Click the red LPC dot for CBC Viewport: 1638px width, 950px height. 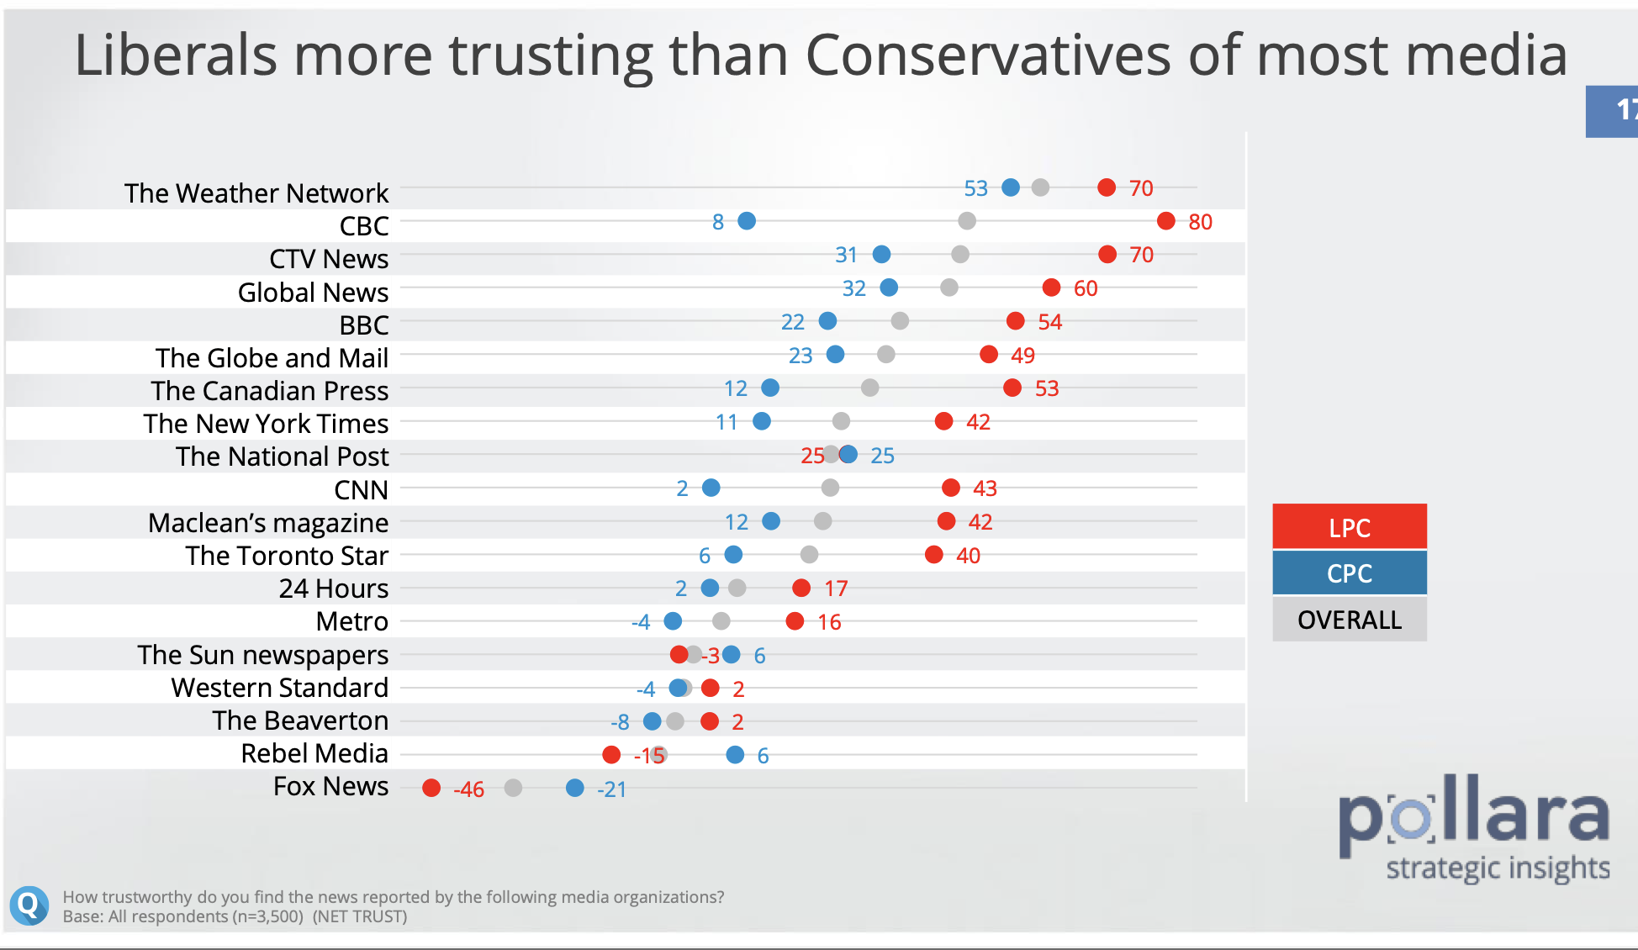point(1165,221)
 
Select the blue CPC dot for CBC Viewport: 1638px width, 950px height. point(747,221)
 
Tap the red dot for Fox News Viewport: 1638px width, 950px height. point(431,788)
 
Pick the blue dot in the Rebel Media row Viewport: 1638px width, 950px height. point(735,755)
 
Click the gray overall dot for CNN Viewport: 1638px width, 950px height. point(830,488)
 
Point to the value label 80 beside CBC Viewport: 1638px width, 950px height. point(1200,222)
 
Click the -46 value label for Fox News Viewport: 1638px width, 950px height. point(468,789)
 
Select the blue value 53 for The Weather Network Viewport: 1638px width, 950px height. point(975,188)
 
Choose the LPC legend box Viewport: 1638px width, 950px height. point(1349,527)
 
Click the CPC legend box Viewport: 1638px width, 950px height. point(1349,573)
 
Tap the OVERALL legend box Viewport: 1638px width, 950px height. point(1349,620)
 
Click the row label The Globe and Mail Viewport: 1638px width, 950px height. point(272,358)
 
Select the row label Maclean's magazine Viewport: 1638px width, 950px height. point(268,523)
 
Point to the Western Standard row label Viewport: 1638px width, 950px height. point(279,688)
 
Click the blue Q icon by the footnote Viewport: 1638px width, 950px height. point(29,905)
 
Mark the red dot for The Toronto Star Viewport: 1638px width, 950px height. point(933,554)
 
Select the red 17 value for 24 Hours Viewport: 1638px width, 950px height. point(836,588)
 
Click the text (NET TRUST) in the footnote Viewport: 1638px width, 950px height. point(360,916)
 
